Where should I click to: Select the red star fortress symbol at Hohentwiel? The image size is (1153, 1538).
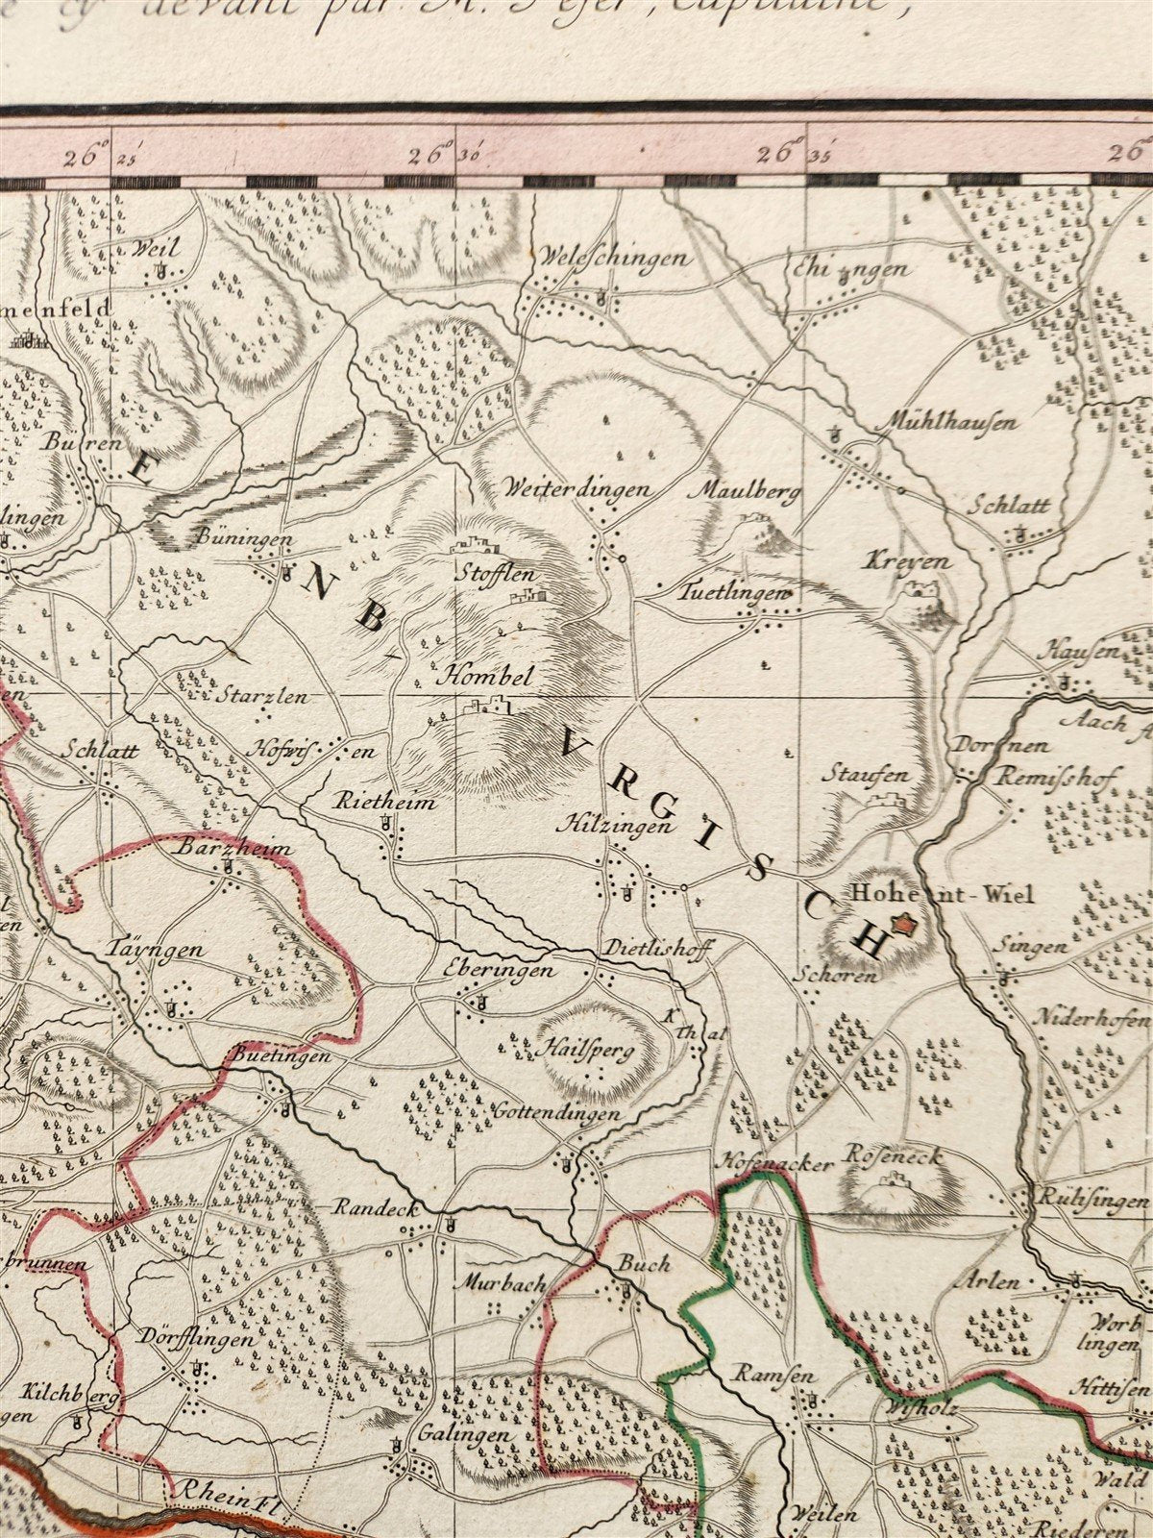(x=903, y=926)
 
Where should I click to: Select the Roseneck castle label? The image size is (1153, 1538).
(x=893, y=1156)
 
